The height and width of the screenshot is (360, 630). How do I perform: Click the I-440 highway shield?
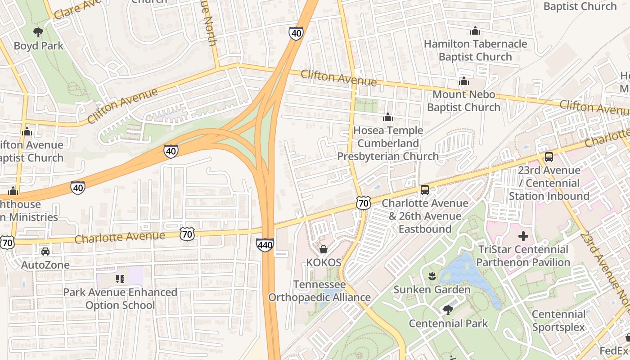(265, 245)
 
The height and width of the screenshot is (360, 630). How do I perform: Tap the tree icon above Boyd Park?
(38, 32)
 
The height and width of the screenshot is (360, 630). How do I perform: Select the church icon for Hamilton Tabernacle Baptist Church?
(475, 31)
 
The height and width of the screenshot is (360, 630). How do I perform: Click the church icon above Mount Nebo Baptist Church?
(463, 81)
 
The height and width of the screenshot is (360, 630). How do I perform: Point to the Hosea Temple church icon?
(387, 117)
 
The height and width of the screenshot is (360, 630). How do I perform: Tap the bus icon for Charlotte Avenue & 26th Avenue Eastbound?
(424, 190)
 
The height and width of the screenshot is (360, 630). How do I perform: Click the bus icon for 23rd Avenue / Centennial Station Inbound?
(549, 157)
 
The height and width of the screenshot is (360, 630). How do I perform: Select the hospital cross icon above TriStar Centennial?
(523, 236)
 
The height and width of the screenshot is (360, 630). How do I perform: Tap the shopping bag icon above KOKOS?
(323, 249)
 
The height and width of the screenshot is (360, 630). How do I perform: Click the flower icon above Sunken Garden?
(432, 276)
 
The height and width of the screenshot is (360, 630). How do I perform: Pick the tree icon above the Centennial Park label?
(448, 310)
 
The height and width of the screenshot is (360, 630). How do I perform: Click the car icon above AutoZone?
(45, 252)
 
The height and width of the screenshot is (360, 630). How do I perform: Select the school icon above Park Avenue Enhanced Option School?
(119, 279)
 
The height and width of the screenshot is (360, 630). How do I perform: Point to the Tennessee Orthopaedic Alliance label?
(319, 291)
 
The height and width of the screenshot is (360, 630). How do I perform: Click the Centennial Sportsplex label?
(559, 320)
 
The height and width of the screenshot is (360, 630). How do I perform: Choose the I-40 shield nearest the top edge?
(296, 33)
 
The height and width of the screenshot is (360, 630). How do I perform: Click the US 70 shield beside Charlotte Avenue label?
(187, 234)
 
